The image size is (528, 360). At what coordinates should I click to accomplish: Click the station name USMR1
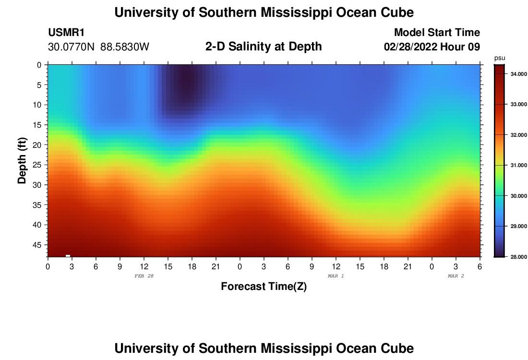point(66,33)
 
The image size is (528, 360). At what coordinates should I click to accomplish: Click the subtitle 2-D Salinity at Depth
point(264,47)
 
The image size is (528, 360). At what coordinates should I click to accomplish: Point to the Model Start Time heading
point(437,33)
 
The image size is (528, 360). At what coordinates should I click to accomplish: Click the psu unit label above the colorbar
point(500,58)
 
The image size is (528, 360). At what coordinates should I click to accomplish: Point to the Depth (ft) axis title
point(22,160)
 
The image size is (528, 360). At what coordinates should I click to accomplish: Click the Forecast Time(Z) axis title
point(264,287)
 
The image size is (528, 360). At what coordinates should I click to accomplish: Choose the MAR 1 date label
point(336,276)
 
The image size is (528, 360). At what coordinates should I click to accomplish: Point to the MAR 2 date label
point(456,276)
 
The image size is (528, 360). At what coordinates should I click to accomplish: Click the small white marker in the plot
point(68,255)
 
